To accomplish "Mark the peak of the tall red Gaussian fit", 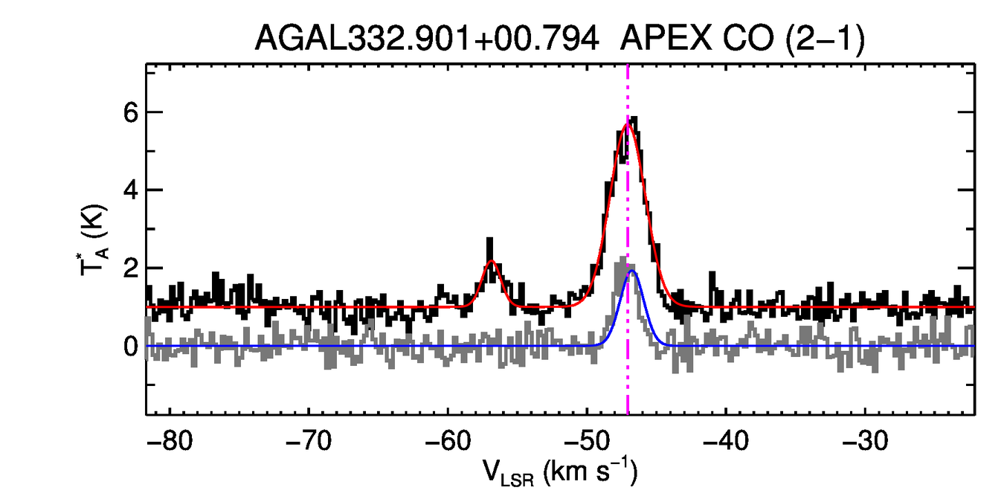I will pos(627,123).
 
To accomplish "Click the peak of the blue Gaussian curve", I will pos(632,271).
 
